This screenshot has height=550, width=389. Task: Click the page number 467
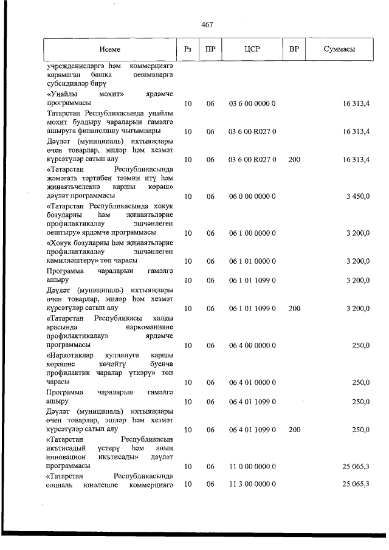206,25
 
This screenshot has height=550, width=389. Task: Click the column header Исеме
111,49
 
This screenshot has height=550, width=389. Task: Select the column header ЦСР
252,49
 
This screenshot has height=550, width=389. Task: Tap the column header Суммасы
340,49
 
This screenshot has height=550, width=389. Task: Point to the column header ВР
294,49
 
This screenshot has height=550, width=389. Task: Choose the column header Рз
188,49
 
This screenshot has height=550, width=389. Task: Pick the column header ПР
210,49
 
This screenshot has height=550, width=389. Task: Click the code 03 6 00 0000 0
252,104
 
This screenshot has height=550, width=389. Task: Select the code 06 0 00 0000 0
252,196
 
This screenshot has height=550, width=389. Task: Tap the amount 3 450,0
357,196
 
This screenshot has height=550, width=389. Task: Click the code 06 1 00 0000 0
252,233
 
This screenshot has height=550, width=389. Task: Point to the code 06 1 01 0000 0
252,261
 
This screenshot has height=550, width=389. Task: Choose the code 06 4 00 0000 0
252,345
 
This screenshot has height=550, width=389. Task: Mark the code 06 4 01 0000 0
252,382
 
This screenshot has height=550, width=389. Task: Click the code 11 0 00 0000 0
252,466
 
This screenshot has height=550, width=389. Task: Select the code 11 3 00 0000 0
252,484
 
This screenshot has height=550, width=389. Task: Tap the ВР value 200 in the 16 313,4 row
294,159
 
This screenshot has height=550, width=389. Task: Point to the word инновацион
64,456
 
